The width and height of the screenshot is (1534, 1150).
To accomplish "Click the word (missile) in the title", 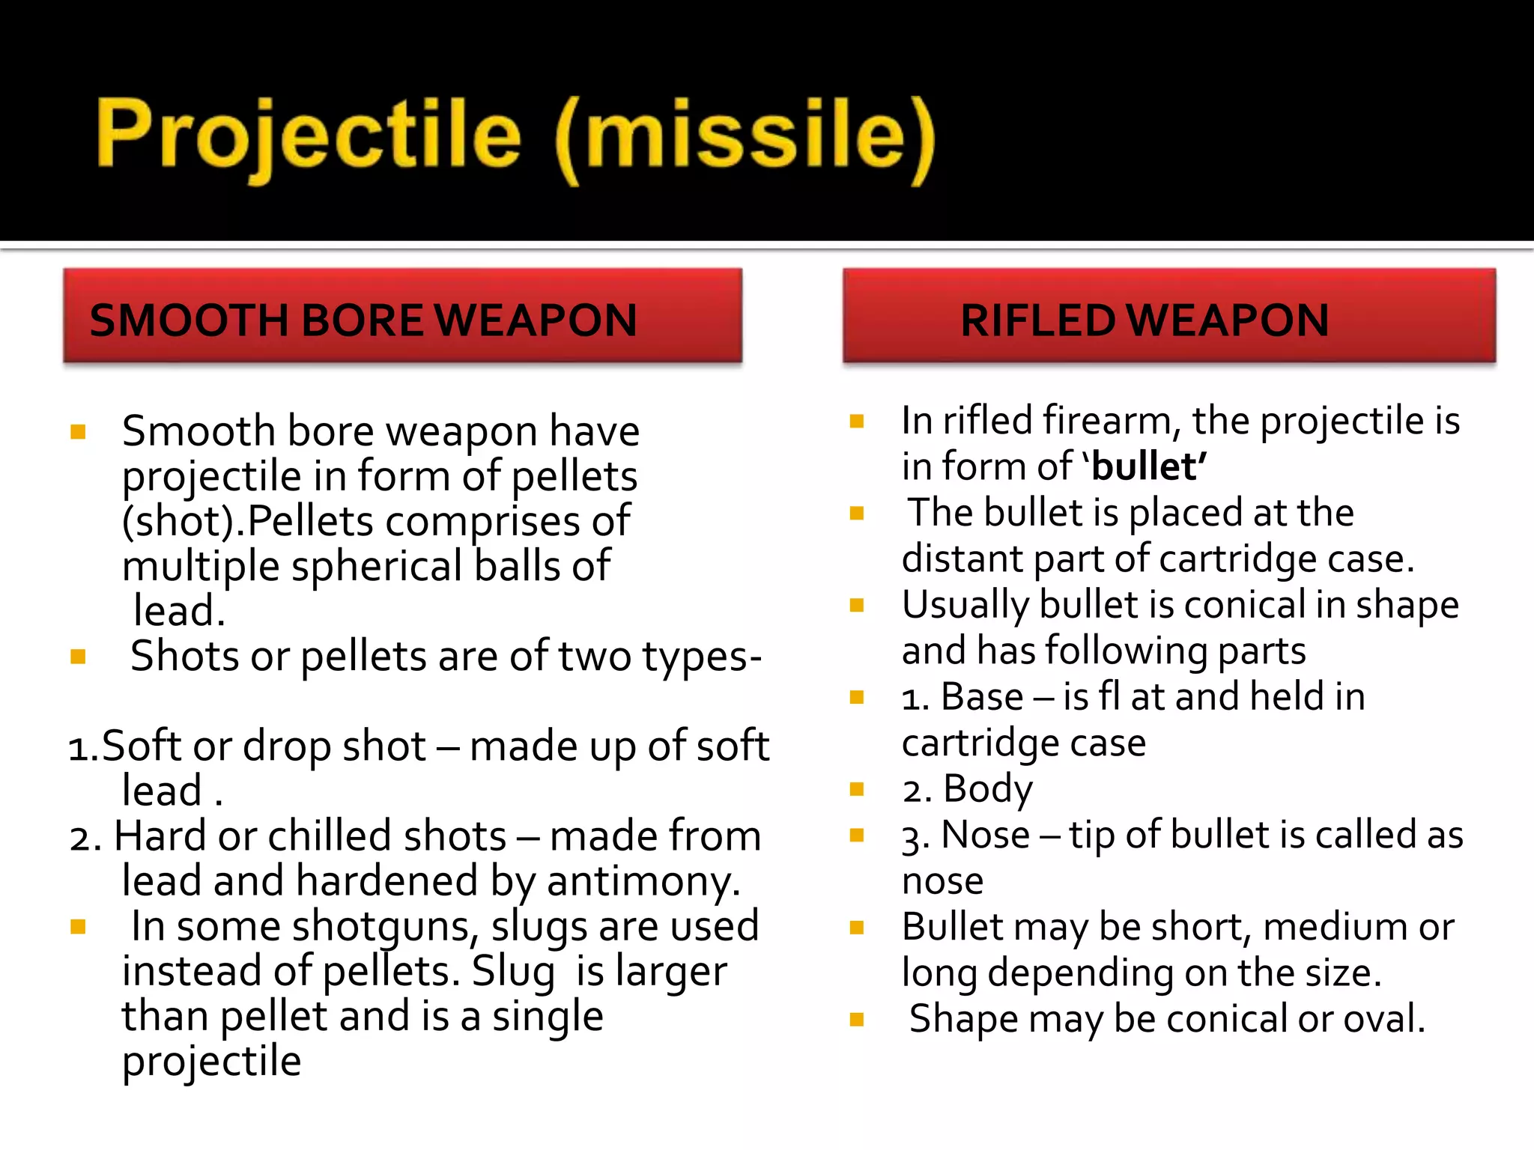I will (x=745, y=139).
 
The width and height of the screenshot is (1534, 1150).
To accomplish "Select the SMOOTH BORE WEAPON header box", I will (x=402, y=316).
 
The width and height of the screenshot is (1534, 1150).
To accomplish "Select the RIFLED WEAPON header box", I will (x=1168, y=316).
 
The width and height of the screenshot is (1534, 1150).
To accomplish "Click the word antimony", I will (x=643, y=882).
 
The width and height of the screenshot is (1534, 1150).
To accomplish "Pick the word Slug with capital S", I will (x=514, y=972).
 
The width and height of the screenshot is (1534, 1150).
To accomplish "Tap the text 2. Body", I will (x=967, y=789).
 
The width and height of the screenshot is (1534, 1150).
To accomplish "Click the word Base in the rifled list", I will (x=982, y=697).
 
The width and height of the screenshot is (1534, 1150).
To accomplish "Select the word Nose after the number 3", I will (x=985, y=835).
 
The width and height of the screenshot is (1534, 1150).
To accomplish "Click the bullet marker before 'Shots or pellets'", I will (x=78, y=657).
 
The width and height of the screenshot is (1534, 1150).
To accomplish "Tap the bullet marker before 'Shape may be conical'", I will (x=858, y=1019).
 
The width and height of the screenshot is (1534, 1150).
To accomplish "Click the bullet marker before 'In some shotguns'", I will (x=78, y=928).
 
